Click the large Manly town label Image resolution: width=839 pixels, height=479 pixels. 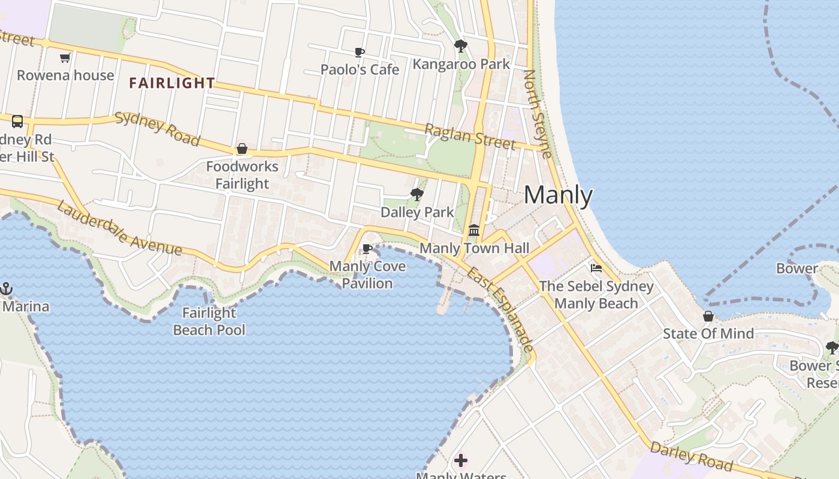click(558, 195)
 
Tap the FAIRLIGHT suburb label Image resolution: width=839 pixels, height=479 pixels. click(172, 83)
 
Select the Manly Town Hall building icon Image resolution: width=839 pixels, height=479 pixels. click(474, 230)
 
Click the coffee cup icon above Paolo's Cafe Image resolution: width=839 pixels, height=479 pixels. click(360, 53)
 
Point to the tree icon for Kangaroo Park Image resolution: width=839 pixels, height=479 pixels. click(461, 46)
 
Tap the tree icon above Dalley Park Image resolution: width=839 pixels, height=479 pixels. click(417, 194)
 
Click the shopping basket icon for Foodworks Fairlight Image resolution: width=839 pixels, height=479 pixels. click(242, 148)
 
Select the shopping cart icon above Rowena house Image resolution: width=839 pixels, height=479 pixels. click(65, 58)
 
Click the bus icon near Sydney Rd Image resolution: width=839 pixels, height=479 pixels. click(17, 122)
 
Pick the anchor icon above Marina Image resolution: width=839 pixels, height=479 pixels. click(6, 289)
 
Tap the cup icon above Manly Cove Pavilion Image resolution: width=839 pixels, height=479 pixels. click(368, 248)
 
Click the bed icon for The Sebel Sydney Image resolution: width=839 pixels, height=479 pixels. click(596, 268)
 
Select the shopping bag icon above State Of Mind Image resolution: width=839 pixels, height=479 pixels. click(708, 316)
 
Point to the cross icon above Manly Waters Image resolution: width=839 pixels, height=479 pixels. click(461, 460)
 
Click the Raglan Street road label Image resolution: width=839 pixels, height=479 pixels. click(470, 137)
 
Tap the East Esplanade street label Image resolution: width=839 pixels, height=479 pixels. click(500, 309)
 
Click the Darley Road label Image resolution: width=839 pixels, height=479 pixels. click(691, 456)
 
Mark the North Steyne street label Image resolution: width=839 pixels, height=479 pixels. click(537, 114)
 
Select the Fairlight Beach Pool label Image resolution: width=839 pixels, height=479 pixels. click(209, 321)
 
